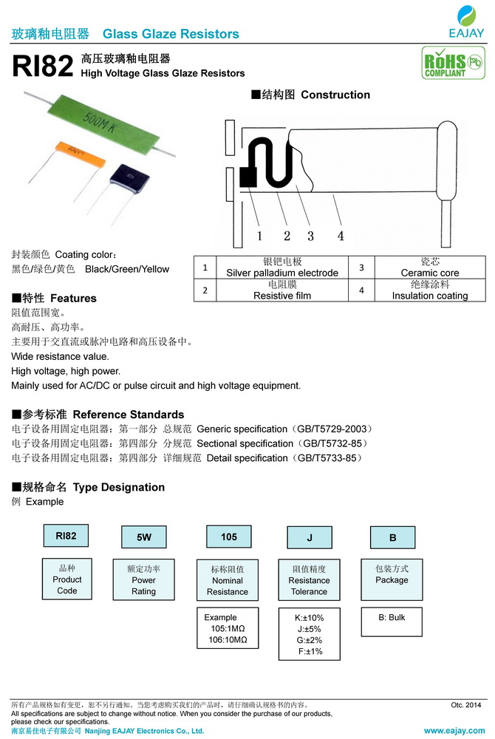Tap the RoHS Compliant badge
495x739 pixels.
click(x=443, y=63)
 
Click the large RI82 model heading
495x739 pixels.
click(x=42, y=67)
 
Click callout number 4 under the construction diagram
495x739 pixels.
click(x=341, y=236)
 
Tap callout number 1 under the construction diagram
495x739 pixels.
click(x=259, y=236)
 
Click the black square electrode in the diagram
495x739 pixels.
click(x=247, y=177)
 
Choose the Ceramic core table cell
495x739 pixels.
click(x=429, y=268)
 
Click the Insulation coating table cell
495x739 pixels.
click(x=429, y=290)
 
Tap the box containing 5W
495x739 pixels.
click(x=143, y=537)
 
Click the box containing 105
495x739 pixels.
click(x=229, y=537)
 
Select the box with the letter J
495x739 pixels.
click(x=309, y=538)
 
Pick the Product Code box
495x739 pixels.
click(x=66, y=579)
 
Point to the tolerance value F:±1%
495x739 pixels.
click(x=309, y=652)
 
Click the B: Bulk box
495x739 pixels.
click(x=392, y=618)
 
